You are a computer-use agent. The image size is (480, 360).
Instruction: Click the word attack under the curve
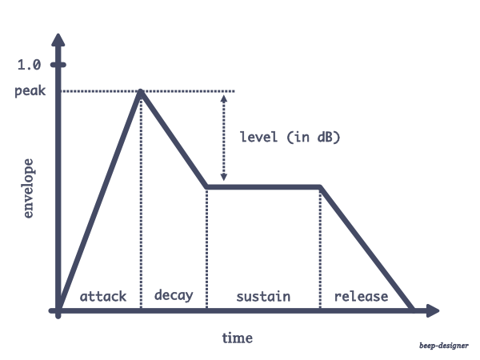(103, 296)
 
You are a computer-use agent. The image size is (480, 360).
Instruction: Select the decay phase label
(173, 295)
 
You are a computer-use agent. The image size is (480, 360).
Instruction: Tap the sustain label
(263, 296)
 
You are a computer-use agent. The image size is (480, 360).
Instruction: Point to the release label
(361, 296)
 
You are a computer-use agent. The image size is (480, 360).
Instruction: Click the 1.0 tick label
(28, 66)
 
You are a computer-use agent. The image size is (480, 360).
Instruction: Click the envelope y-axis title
(29, 189)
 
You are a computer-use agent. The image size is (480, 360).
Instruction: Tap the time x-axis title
(237, 338)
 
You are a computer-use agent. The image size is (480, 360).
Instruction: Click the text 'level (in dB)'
(290, 137)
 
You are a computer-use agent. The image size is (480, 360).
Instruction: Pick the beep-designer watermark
(445, 347)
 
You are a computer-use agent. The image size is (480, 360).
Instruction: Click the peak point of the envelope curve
(142, 92)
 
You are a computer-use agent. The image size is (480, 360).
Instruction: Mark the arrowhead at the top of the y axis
(58, 38)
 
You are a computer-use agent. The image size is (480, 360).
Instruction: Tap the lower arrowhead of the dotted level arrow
(224, 178)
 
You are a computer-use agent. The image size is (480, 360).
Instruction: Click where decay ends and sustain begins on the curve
(207, 187)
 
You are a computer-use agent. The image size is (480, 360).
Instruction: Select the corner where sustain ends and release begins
(320, 187)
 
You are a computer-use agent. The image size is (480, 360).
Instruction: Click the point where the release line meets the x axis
(413, 310)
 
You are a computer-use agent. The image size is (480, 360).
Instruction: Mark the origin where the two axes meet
(58, 310)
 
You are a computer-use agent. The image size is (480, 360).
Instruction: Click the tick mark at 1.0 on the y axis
(58, 66)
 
